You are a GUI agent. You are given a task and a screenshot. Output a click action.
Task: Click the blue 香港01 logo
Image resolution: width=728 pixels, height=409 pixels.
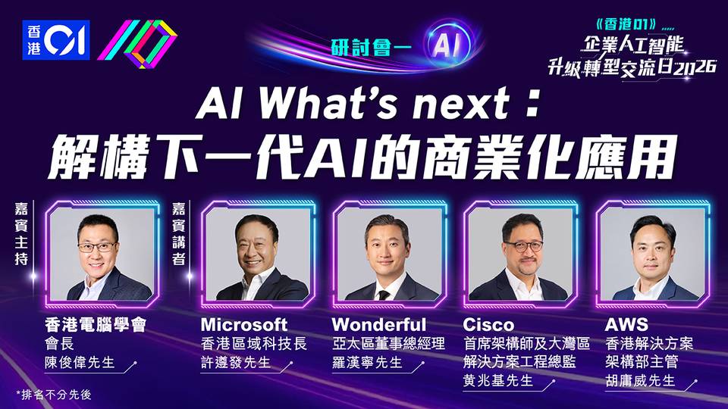click(55, 39)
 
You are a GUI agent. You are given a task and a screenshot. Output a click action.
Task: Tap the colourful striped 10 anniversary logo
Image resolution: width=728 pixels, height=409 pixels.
click(137, 43)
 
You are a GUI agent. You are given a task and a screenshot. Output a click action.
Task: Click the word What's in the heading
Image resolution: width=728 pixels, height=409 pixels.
click(328, 104)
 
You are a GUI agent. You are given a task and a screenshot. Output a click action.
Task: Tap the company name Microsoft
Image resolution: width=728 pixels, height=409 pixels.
click(244, 324)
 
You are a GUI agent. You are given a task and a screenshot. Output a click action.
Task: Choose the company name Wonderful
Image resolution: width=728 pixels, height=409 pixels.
click(379, 324)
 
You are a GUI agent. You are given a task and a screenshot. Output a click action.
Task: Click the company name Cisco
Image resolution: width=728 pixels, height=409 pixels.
click(488, 324)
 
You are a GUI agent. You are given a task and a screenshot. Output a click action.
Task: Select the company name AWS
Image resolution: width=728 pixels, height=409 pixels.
click(626, 324)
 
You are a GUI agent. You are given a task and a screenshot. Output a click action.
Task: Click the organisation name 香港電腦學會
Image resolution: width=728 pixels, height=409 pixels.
click(96, 325)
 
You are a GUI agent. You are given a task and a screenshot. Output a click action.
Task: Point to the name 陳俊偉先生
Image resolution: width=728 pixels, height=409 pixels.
click(80, 362)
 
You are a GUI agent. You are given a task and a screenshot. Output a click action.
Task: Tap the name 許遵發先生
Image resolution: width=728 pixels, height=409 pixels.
click(236, 362)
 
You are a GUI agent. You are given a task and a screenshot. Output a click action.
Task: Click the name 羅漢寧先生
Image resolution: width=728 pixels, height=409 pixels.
click(367, 362)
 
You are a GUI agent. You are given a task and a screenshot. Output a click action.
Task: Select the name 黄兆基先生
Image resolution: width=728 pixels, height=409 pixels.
click(498, 381)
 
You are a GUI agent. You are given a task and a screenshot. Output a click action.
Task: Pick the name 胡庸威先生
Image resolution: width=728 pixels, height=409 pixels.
click(640, 381)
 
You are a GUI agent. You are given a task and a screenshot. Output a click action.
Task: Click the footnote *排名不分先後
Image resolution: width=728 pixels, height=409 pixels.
click(54, 395)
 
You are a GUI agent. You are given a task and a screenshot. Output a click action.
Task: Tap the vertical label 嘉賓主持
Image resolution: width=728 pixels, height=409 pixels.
click(21, 234)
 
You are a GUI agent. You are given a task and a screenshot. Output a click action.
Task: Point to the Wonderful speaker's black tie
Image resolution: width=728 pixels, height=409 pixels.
click(383, 295)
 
